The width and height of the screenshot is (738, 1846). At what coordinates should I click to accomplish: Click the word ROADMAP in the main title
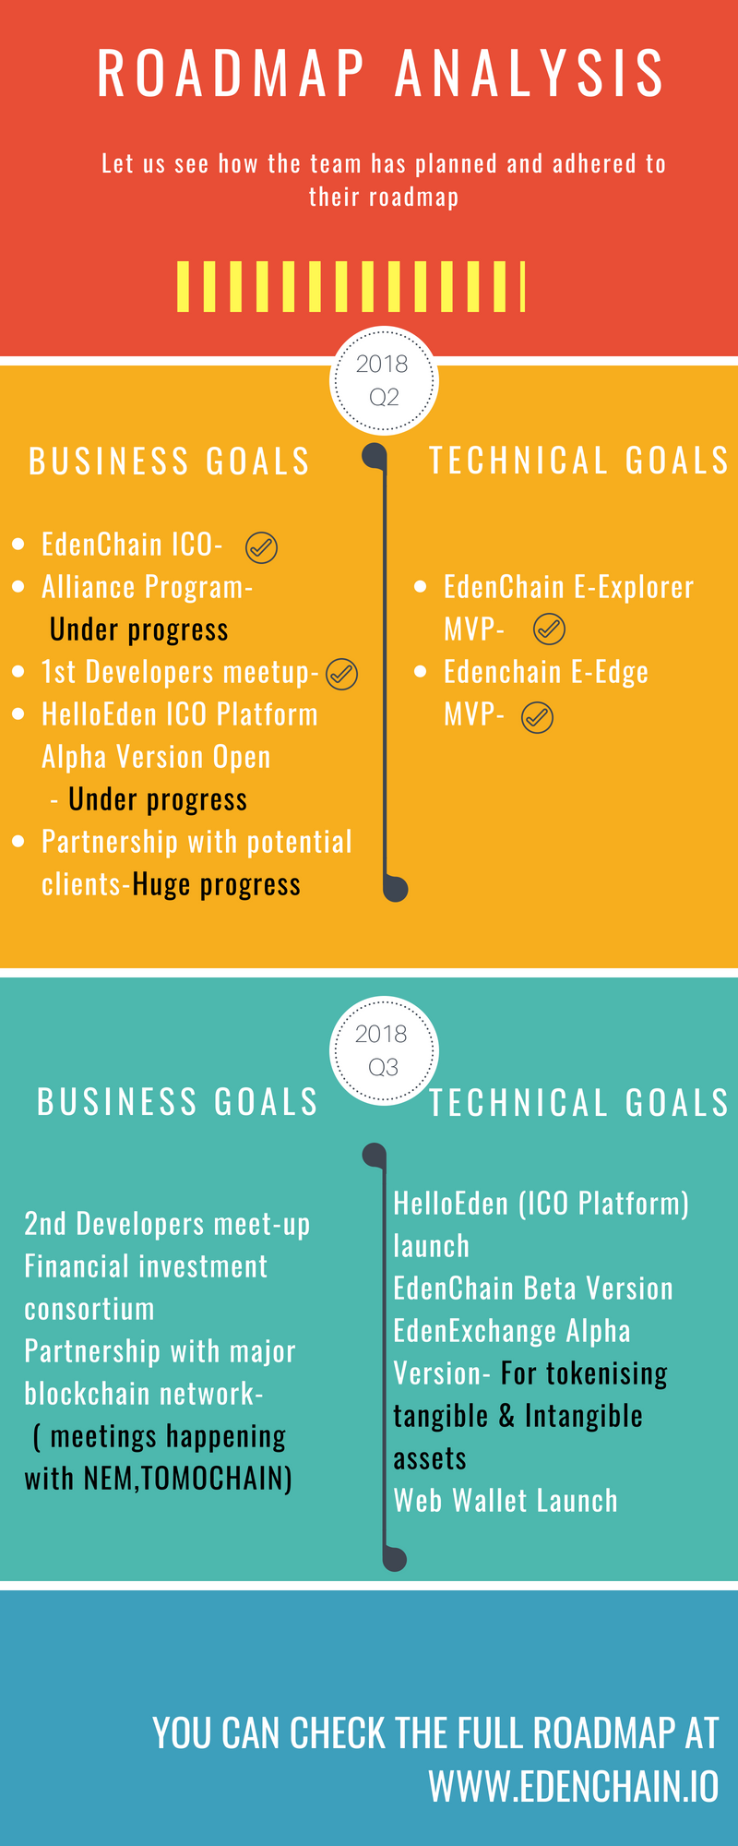pyautogui.click(x=231, y=74)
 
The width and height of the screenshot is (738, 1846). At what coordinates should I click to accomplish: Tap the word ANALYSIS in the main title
pyautogui.click(x=530, y=74)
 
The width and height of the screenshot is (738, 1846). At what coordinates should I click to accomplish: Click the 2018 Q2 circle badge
pyautogui.click(x=384, y=380)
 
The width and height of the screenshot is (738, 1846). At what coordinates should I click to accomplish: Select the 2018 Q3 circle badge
pyautogui.click(x=384, y=1050)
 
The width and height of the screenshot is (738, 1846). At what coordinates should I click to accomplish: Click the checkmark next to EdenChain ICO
pyautogui.click(x=262, y=547)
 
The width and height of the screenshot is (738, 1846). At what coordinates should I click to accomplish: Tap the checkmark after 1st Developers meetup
pyautogui.click(x=342, y=675)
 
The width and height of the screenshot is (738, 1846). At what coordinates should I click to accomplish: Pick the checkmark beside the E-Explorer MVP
pyautogui.click(x=550, y=629)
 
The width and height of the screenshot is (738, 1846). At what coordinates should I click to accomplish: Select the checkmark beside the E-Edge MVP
pyautogui.click(x=538, y=717)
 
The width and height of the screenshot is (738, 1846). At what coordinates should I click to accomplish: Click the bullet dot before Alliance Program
pyautogui.click(x=18, y=587)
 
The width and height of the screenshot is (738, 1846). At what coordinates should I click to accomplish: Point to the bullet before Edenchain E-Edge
pyautogui.click(x=421, y=672)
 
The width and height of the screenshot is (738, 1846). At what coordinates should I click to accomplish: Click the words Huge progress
pyautogui.click(x=217, y=884)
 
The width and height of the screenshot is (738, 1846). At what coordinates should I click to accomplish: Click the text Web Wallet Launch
pyautogui.click(x=506, y=1501)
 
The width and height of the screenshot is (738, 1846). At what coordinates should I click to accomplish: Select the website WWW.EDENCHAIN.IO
pyautogui.click(x=574, y=1787)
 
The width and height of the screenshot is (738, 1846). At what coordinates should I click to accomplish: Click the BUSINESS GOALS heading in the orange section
pyautogui.click(x=170, y=461)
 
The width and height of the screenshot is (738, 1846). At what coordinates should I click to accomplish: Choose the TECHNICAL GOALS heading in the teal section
pyautogui.click(x=579, y=1103)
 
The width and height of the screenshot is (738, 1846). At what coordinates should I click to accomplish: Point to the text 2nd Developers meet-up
pyautogui.click(x=167, y=1224)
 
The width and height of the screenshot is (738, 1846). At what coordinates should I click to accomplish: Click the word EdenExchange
pyautogui.click(x=476, y=1331)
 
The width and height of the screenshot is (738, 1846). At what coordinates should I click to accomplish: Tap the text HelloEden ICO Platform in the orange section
pyautogui.click(x=180, y=714)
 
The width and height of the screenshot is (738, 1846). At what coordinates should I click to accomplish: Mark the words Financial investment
pyautogui.click(x=146, y=1266)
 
